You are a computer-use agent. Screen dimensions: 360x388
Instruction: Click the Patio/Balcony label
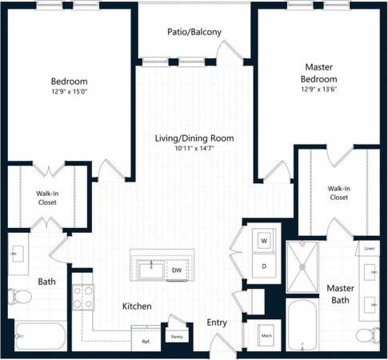pyautogui.click(x=195, y=33)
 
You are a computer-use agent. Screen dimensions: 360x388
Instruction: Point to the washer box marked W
pyautogui.click(x=263, y=238)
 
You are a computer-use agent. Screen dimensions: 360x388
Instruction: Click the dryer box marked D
pyautogui.click(x=263, y=266)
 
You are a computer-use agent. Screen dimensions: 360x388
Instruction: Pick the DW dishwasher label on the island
pyautogui.click(x=176, y=270)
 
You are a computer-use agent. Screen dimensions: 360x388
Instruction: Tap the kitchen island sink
pyautogui.click(x=149, y=270)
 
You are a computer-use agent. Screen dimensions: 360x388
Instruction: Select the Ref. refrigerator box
pyautogui.click(x=146, y=341)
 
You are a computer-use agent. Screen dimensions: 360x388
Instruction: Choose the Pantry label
pyautogui.click(x=177, y=337)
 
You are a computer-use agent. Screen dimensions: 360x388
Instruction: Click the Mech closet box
pyautogui.click(x=266, y=336)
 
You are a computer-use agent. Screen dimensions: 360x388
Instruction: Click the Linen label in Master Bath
pyautogui.click(x=368, y=249)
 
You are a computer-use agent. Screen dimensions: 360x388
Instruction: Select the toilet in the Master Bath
pyautogui.click(x=366, y=334)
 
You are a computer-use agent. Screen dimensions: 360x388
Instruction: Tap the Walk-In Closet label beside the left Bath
pyautogui.click(x=46, y=197)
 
